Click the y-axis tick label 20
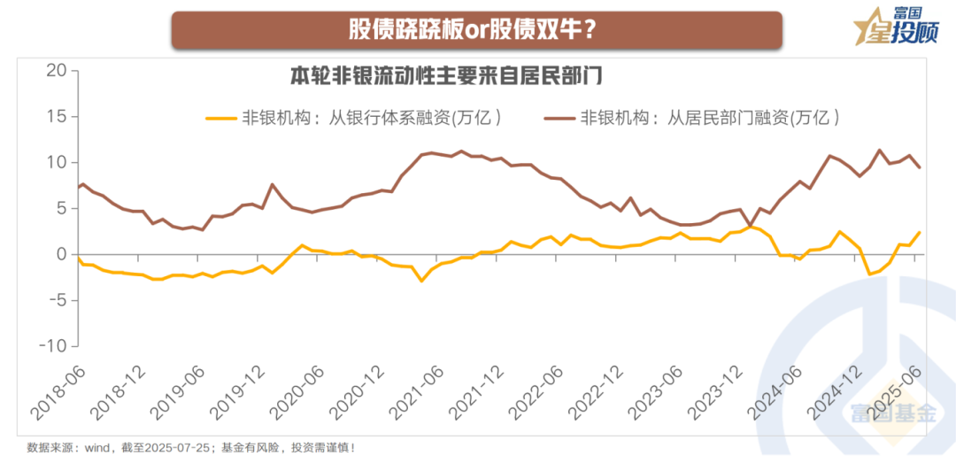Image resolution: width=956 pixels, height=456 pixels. [58, 71]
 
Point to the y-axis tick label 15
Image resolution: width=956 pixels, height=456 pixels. [58, 117]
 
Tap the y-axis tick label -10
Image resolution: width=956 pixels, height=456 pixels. [51, 345]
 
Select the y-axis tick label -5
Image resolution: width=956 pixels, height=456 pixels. [55, 300]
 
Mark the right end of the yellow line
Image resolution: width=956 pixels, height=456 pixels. [920, 233]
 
